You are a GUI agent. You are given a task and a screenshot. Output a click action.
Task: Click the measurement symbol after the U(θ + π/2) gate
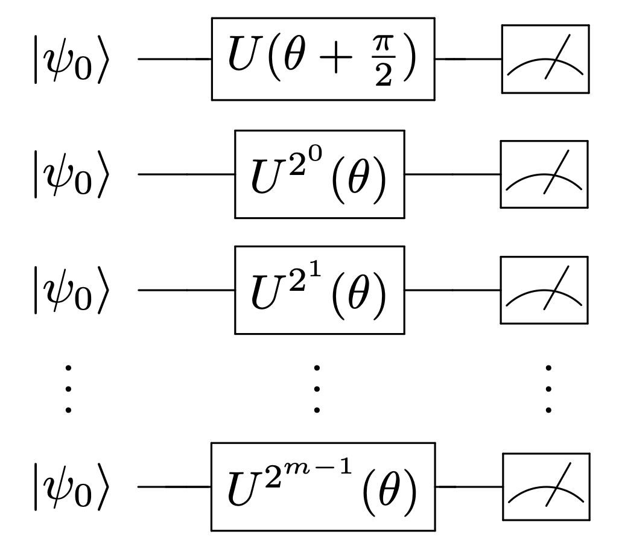coord(545,59)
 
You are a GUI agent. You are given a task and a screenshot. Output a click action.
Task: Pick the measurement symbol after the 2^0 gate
coord(544,174)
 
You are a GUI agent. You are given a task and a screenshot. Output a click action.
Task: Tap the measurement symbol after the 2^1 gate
coord(544,290)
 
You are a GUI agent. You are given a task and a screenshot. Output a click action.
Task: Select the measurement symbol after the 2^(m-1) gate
coord(546,487)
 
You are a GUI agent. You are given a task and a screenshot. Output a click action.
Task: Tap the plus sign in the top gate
coord(336,58)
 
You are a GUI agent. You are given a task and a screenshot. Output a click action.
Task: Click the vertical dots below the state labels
coord(68,389)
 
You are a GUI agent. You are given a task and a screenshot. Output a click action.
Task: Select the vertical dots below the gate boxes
coord(317,389)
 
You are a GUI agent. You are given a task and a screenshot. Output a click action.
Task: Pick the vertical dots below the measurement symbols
coord(548,389)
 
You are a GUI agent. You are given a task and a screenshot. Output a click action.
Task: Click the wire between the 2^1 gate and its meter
coord(452,290)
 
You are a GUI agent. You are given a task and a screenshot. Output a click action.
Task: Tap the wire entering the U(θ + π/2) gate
coord(174,59)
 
